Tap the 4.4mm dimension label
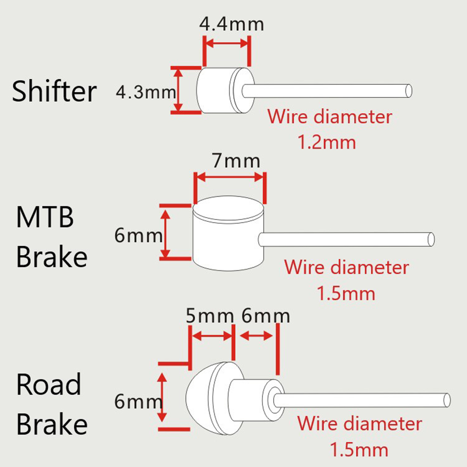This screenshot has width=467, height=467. tap(232, 24)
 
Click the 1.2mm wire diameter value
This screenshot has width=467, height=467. tap(327, 142)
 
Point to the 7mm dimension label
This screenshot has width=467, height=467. tap(235, 161)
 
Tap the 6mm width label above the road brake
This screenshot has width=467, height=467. tap(266, 316)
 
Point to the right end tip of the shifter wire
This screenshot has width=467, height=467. tap(409, 90)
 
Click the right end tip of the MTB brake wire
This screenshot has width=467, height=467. tap(431, 239)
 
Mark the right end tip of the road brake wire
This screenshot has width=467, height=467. tap(447, 399)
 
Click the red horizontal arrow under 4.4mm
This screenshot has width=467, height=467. tap(227, 43)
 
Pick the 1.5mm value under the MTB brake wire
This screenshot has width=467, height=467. tap(346, 294)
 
